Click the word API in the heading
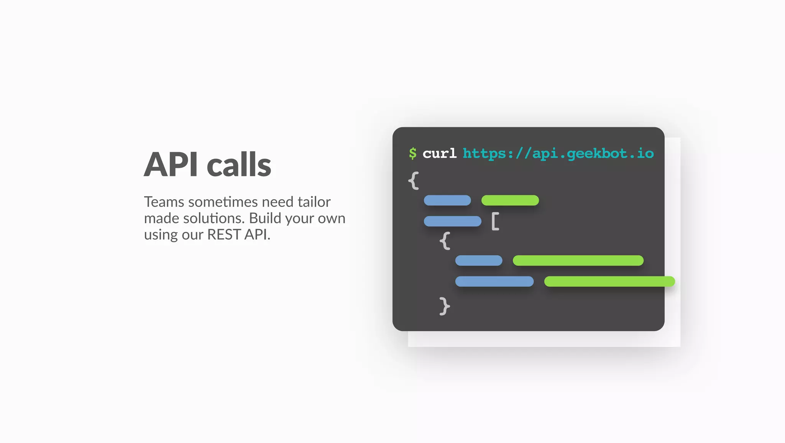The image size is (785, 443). pyautogui.click(x=171, y=164)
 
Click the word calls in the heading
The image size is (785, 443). pyautogui.click(x=239, y=164)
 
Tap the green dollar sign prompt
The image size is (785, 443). pyautogui.click(x=412, y=153)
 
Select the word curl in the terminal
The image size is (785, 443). pyautogui.click(x=440, y=153)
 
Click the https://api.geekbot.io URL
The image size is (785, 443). pyautogui.click(x=558, y=153)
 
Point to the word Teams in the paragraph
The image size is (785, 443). pyautogui.click(x=164, y=202)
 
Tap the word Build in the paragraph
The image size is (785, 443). pyautogui.click(x=265, y=218)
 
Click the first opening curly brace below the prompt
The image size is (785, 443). pyautogui.click(x=413, y=180)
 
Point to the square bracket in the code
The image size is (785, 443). pyautogui.click(x=495, y=221)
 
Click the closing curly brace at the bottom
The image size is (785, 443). pyautogui.click(x=445, y=306)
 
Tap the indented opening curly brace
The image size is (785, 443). pyautogui.click(x=445, y=241)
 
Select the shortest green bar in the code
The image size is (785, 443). pyautogui.click(x=510, y=200)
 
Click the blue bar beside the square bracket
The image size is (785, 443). pyautogui.click(x=452, y=221)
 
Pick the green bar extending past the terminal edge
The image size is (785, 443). pyautogui.click(x=609, y=281)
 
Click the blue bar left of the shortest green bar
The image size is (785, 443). pyautogui.click(x=447, y=200)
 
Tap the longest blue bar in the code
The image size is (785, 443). pyautogui.click(x=494, y=281)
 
